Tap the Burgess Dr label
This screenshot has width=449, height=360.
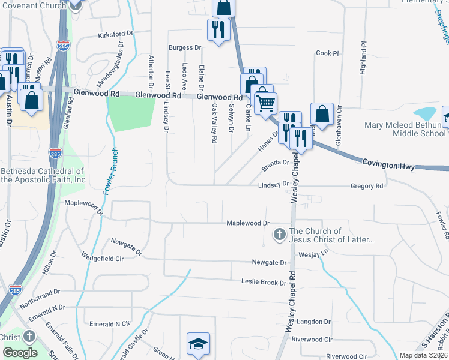pyautogui.click(x=184, y=47)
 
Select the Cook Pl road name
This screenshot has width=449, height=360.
pyautogui.click(x=327, y=53)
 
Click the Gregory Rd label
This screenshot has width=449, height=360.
pyautogui.click(x=366, y=187)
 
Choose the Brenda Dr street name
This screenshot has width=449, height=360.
pyautogui.click(x=276, y=163)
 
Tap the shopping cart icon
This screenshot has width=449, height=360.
pyautogui.click(x=265, y=102)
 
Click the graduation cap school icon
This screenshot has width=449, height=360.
pyautogui.click(x=198, y=344)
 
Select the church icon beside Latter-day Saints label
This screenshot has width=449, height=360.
pyautogui.click(x=279, y=235)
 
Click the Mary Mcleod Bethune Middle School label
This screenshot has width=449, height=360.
pyautogui.click(x=406, y=129)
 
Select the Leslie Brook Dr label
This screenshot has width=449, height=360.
pyautogui.click(x=264, y=281)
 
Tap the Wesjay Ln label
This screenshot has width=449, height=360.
pyautogui.click(x=318, y=253)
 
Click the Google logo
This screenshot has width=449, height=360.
pyautogui.click(x=19, y=352)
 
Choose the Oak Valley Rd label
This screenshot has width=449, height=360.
pyautogui.click(x=214, y=123)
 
